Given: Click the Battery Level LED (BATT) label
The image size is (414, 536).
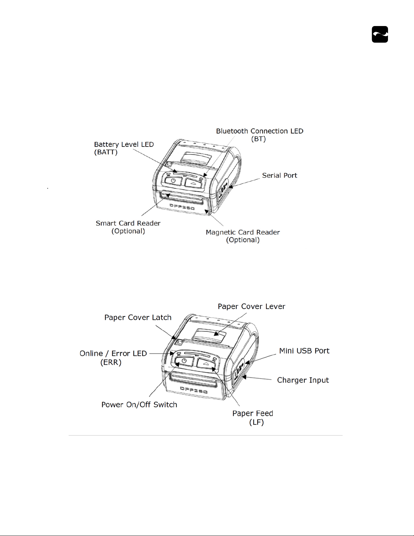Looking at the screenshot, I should tap(124, 148).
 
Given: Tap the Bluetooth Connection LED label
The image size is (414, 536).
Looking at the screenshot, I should tap(260, 135).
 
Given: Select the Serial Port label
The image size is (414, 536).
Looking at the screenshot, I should tap(279, 176).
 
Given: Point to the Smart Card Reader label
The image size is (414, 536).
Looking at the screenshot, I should tap(128, 227).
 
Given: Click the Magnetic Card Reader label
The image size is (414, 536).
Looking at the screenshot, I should tap(243, 236).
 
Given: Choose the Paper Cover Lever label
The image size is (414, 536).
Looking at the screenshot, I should tap(251, 306).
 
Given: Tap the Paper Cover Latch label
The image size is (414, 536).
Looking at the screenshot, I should tap(138, 318).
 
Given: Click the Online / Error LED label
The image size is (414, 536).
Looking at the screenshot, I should tap(113, 357).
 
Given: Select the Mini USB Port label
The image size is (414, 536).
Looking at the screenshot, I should tap(304, 351).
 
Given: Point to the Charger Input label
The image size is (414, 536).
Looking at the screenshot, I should tap(303, 380).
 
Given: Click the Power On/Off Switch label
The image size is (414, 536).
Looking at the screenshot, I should tap(139, 405).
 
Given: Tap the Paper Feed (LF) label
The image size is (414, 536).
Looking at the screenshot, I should tap(253, 418).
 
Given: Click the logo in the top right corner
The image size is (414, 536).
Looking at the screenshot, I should tap(380, 34).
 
